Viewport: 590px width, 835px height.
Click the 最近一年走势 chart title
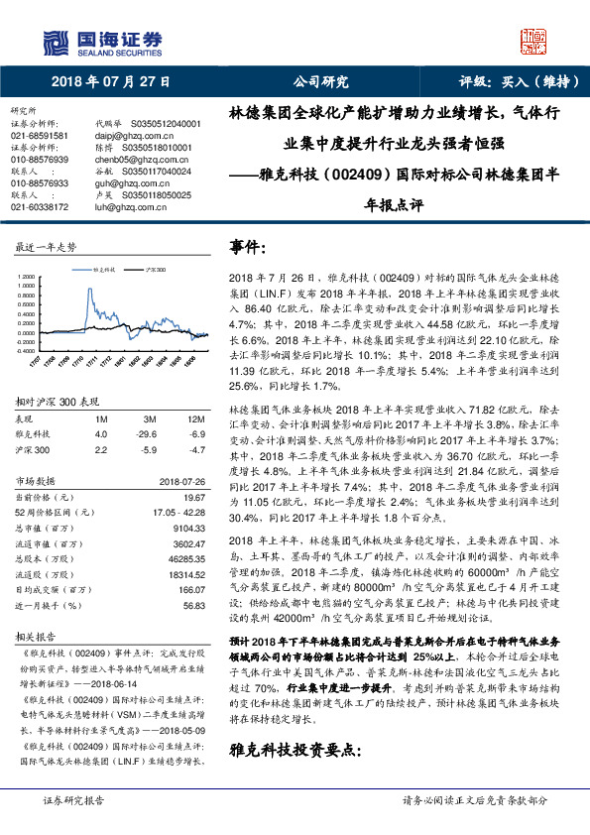(46, 246)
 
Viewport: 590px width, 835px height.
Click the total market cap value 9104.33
(188, 529)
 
